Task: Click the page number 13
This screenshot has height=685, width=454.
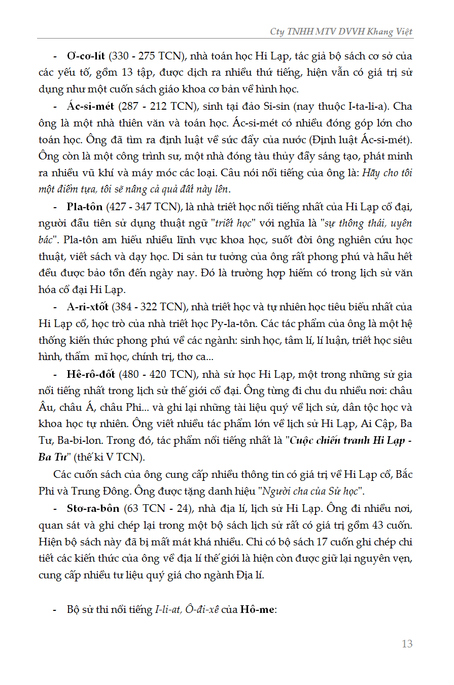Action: pos(407,644)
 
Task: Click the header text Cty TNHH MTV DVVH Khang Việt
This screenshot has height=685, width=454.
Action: pos(341,31)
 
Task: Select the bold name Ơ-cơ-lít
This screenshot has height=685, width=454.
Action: pos(86,56)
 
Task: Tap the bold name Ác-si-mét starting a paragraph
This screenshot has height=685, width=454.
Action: pos(90,107)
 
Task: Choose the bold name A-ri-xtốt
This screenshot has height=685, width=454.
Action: pos(88,307)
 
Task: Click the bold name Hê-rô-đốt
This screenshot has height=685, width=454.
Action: pos(91,374)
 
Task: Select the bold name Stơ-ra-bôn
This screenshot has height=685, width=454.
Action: pos(93,508)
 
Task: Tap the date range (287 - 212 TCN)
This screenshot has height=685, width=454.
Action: pos(154,107)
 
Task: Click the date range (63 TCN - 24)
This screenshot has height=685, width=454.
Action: pos(154,508)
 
